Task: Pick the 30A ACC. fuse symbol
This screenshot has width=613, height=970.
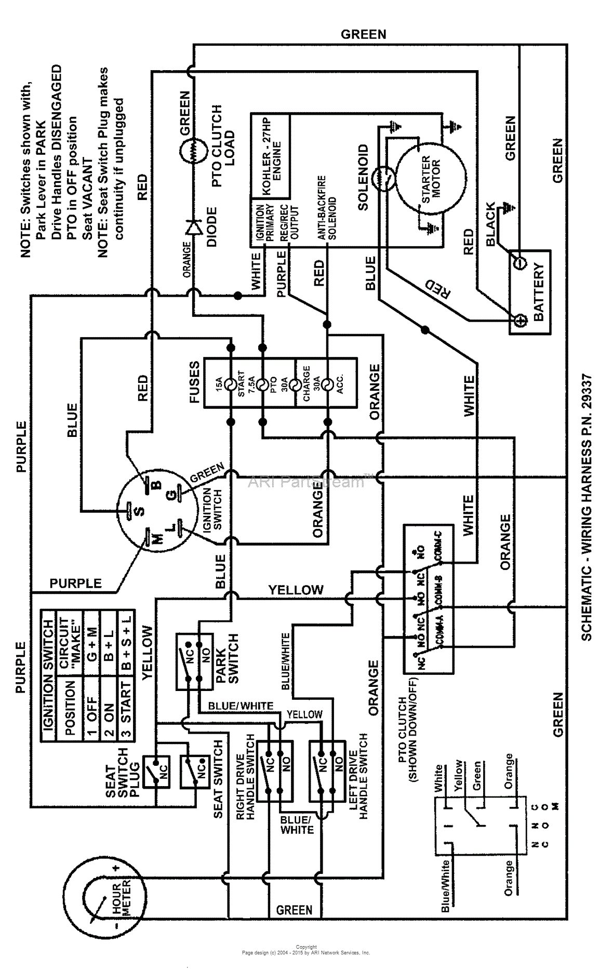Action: click(327, 384)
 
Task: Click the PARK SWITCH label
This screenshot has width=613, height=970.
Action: click(227, 659)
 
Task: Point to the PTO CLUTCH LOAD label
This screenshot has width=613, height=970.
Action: click(223, 145)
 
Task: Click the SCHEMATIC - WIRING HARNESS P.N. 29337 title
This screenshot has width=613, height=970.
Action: click(586, 507)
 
